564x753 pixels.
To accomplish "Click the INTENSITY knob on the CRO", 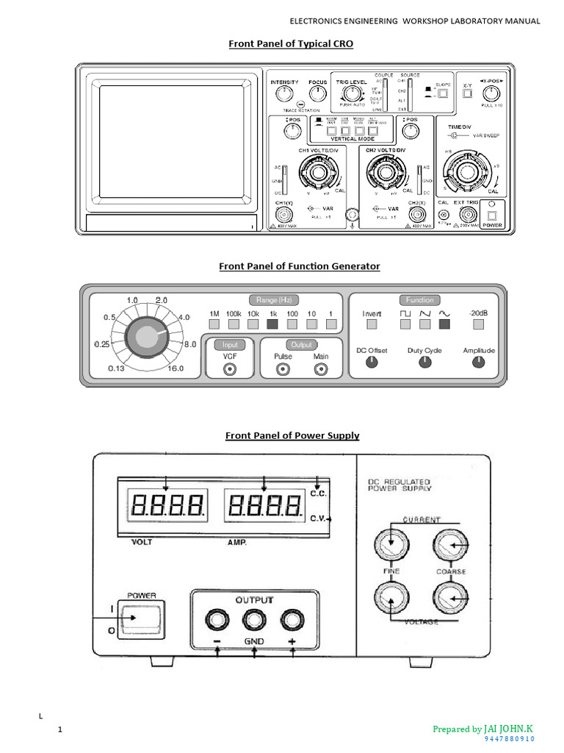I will point(283,93).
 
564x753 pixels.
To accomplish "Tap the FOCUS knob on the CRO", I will point(317,93).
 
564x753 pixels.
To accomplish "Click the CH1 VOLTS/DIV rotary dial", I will point(318,174).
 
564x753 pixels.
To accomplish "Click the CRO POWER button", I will point(492,215).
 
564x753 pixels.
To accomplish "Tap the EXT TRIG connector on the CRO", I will point(466,215).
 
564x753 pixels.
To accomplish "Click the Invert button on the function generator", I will point(372,323).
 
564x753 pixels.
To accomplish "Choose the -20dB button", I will point(479,323).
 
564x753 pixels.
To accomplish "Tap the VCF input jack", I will point(231,370).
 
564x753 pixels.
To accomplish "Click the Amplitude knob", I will point(479,363).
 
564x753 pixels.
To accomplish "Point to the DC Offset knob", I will point(372,363).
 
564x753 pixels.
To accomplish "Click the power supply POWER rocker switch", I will point(142,618).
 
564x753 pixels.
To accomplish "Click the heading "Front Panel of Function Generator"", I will point(300,266).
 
